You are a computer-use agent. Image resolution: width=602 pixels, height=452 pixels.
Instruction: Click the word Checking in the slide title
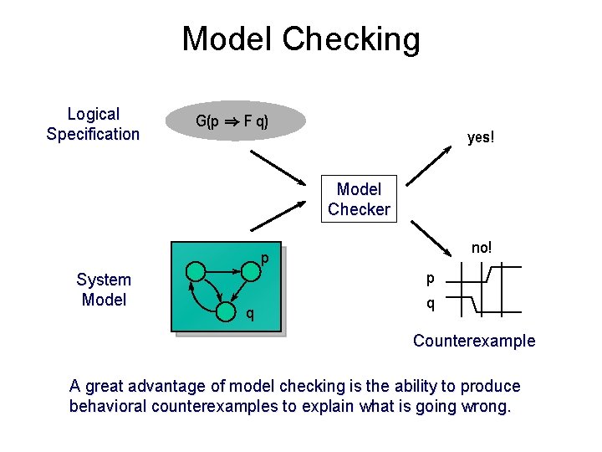[x=351, y=40]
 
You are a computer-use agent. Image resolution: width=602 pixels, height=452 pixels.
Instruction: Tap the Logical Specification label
[x=93, y=124]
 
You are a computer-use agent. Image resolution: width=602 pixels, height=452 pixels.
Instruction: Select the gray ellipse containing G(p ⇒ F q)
[x=233, y=121]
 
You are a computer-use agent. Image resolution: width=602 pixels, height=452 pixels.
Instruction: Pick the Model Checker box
[x=359, y=199]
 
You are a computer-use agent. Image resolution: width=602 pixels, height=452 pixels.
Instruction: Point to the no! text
[x=482, y=248]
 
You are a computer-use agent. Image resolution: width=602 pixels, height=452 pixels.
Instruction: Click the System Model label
[x=104, y=290]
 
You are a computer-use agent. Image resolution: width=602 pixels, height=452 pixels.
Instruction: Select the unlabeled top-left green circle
[x=195, y=271]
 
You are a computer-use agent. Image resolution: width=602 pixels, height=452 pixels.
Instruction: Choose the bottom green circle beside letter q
[x=225, y=314]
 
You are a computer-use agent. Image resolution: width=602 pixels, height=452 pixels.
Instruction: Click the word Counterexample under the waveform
[x=474, y=341]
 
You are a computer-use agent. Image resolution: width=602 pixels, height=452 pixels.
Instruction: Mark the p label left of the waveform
[x=431, y=277]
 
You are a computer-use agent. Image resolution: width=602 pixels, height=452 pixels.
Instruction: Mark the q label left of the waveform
[x=431, y=304]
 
